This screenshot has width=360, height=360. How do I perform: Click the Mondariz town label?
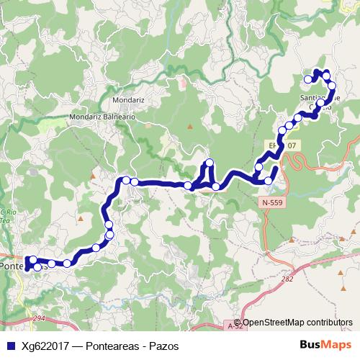pyautogui.click(x=131, y=98)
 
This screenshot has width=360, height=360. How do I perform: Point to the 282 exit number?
pyautogui.click(x=289, y=279)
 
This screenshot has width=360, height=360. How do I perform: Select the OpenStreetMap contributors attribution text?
pyautogui.click(x=297, y=323)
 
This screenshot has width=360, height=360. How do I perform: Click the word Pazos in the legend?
pyautogui.click(x=162, y=346)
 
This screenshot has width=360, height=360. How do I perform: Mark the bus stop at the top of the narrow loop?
pyautogui.click(x=210, y=162)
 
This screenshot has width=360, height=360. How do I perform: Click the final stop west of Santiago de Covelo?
pyautogui.click(x=308, y=78)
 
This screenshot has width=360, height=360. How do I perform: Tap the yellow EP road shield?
pyautogui.click(x=287, y=145)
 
